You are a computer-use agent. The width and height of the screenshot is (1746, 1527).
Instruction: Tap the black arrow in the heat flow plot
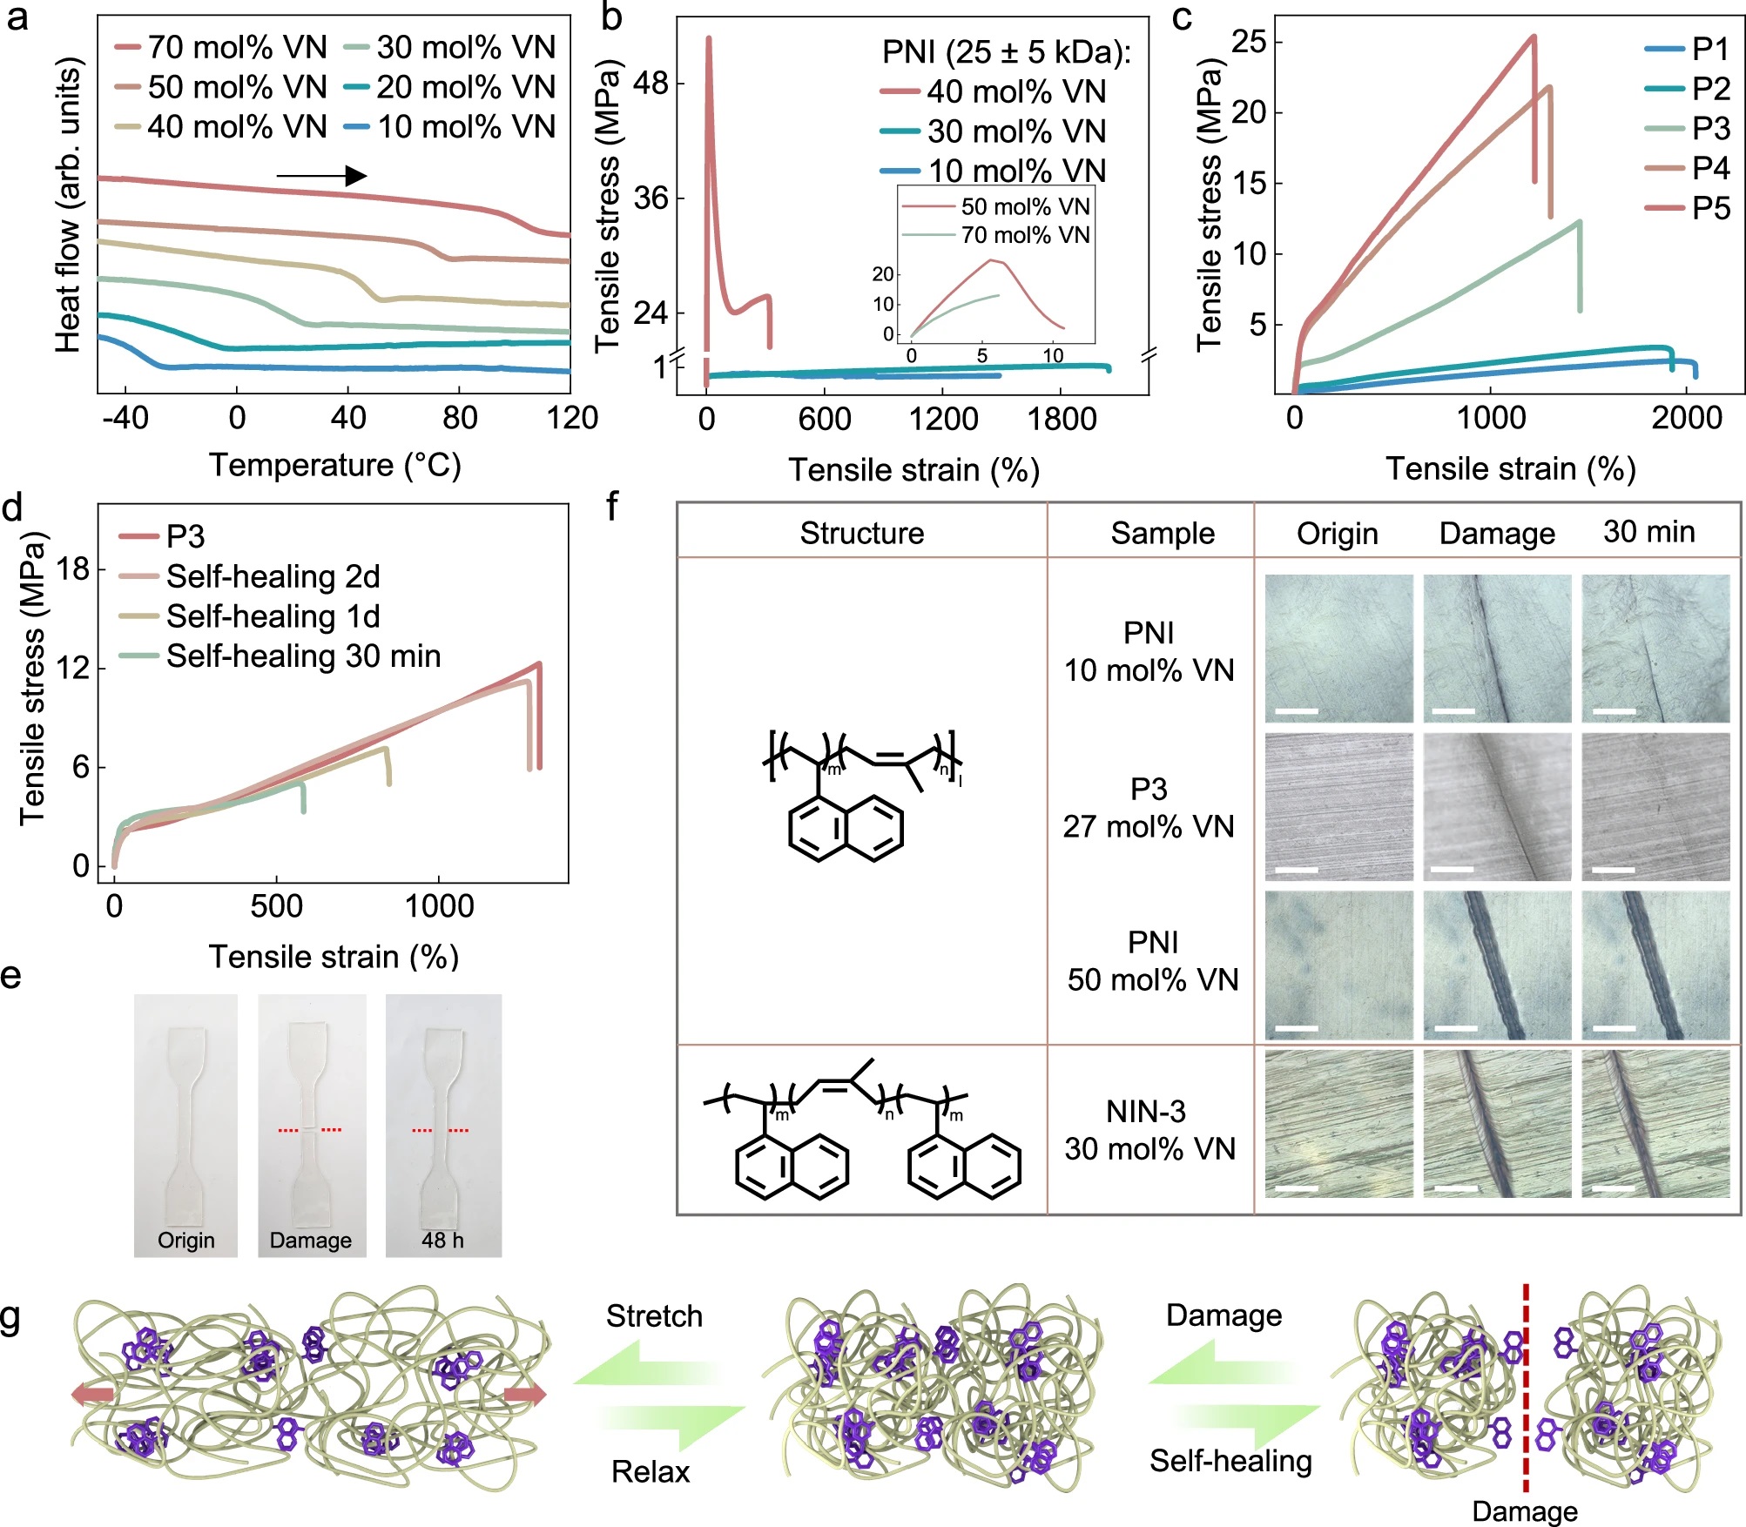(321, 176)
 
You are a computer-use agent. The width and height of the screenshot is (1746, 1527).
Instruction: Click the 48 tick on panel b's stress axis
(651, 84)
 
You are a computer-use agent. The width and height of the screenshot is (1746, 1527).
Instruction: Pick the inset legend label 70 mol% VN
(1025, 235)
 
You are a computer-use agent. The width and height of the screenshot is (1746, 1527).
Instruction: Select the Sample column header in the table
(1163, 533)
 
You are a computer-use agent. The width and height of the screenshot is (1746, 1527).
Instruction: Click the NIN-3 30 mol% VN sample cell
(1149, 1130)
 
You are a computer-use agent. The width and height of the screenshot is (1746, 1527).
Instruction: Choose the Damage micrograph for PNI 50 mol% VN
(1497, 965)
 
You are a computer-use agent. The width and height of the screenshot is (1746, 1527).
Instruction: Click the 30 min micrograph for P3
(1655, 807)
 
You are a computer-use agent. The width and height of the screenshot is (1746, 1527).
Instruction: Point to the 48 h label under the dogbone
(442, 1240)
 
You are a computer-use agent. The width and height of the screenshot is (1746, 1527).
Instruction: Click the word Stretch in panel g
(654, 1315)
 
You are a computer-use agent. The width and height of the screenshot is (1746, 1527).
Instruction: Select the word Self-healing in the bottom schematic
(1230, 1460)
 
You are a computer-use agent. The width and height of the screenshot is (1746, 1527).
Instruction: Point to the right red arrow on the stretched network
(525, 1395)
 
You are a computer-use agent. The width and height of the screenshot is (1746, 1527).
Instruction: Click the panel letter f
(612, 507)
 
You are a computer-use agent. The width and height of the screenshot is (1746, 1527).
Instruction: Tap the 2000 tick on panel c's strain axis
(1687, 419)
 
